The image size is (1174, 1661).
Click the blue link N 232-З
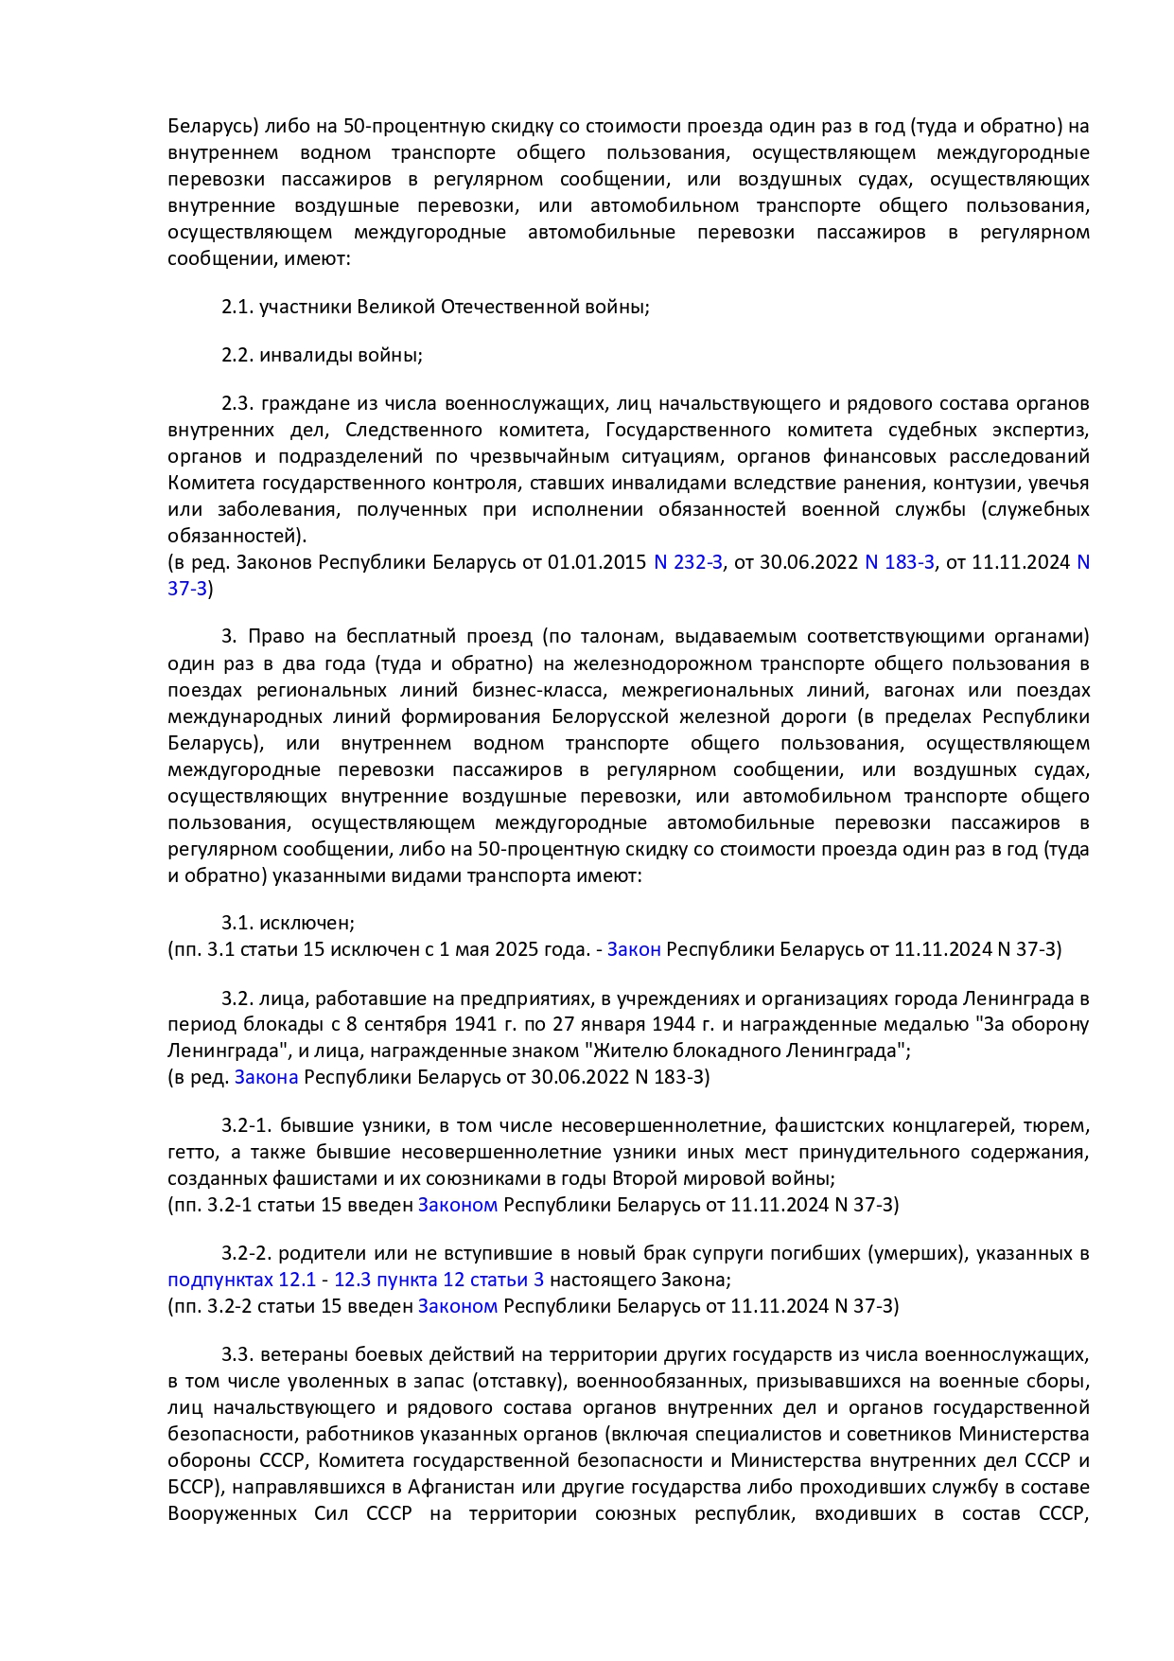688,562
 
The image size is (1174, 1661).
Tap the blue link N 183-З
899,562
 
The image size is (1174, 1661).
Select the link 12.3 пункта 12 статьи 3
439,1280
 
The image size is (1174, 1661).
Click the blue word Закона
266,1077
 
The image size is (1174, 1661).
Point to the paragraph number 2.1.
237,307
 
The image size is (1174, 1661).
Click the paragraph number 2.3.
237,403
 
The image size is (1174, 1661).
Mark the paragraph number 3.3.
237,1354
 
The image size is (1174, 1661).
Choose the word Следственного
408,430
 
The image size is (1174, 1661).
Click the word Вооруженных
232,1513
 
